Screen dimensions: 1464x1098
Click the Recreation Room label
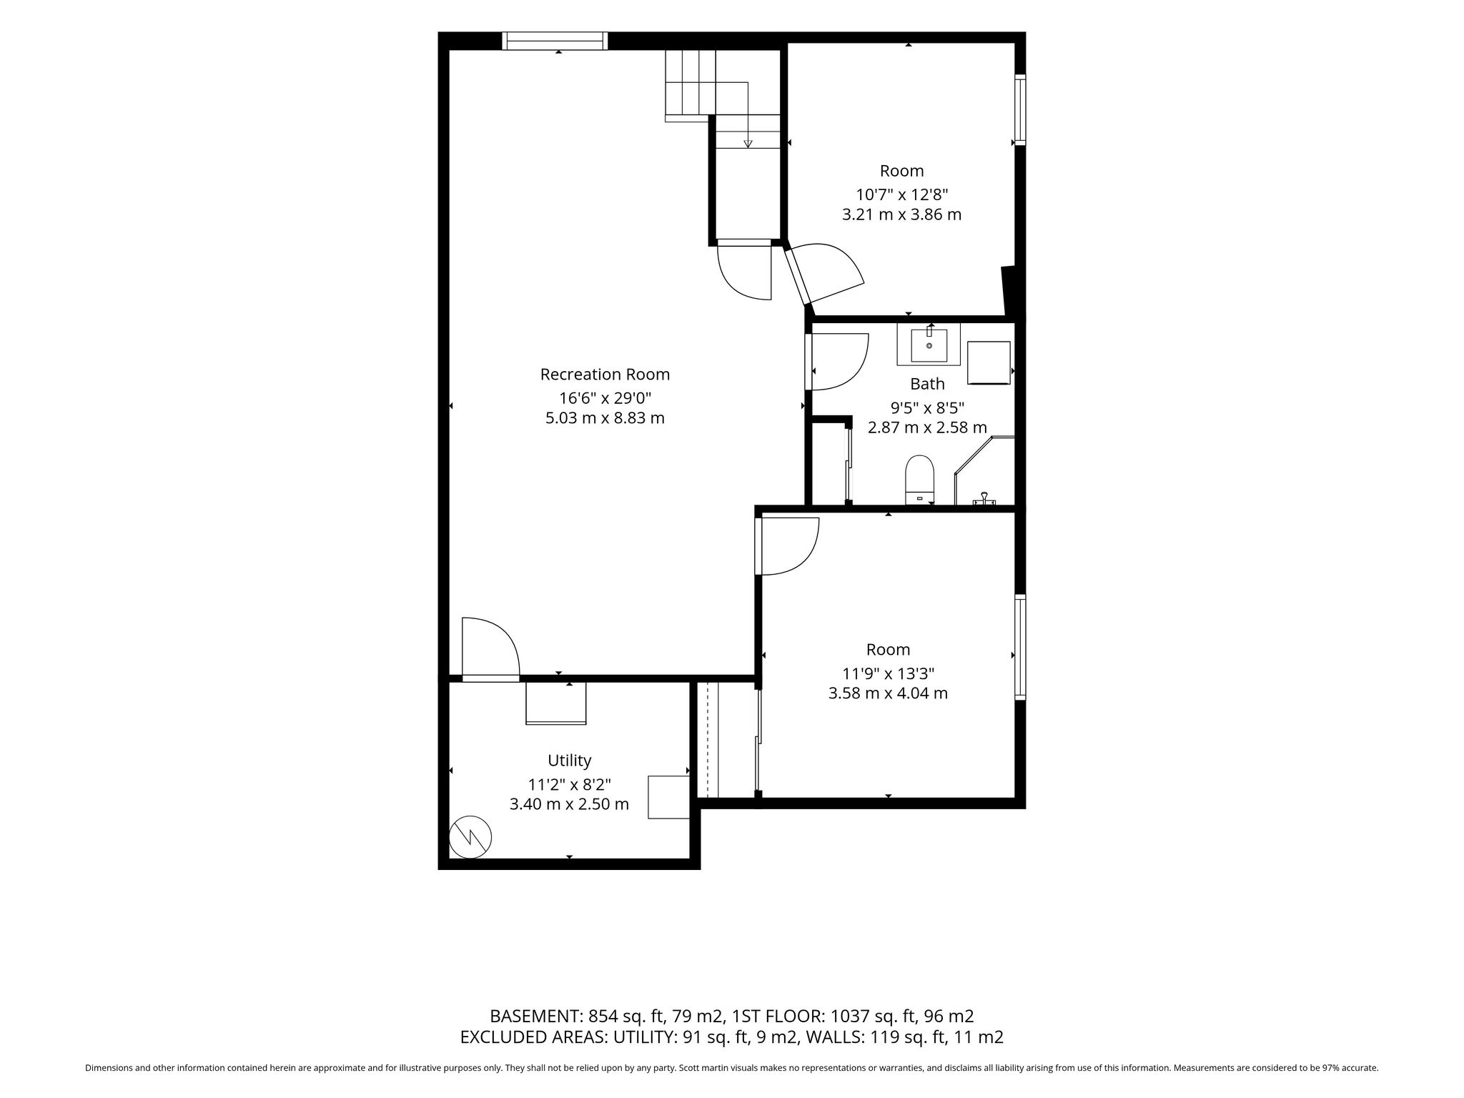click(x=605, y=374)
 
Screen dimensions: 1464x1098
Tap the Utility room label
click(x=569, y=761)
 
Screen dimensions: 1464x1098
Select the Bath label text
click(x=927, y=384)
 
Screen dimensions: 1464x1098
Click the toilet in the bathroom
click(x=920, y=480)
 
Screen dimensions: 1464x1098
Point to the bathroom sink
click(x=929, y=345)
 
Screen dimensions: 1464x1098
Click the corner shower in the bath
click(x=985, y=471)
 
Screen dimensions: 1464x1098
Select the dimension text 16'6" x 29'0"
click(x=605, y=397)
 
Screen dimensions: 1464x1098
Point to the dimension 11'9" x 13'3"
click(x=889, y=673)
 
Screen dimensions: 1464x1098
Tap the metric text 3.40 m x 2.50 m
click(x=569, y=804)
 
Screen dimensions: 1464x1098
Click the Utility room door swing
click(x=490, y=647)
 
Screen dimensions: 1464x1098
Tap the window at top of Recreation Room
click(x=555, y=41)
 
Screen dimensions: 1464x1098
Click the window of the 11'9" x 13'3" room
click(x=1020, y=647)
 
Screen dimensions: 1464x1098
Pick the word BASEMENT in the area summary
click(x=536, y=1017)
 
